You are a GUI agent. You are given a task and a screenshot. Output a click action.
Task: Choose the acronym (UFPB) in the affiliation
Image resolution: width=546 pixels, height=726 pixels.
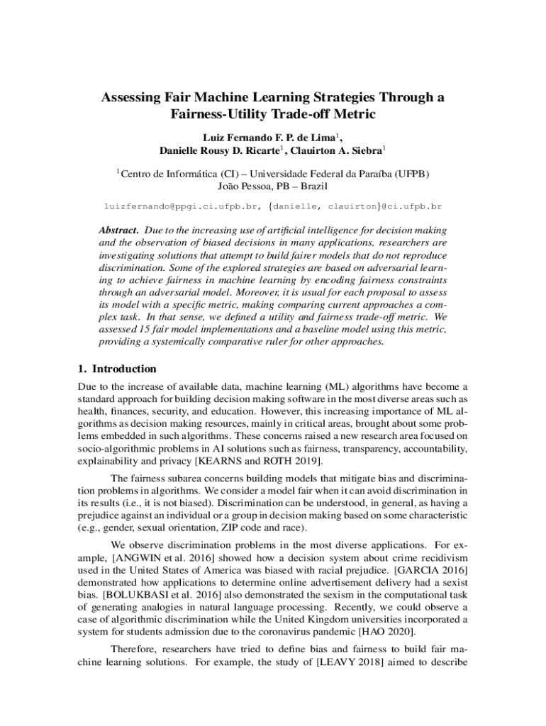(x=407, y=173)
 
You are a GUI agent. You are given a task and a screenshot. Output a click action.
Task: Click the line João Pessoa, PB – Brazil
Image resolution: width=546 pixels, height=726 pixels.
(x=272, y=186)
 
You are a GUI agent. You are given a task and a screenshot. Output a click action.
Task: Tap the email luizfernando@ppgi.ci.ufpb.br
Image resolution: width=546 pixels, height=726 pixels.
(x=182, y=207)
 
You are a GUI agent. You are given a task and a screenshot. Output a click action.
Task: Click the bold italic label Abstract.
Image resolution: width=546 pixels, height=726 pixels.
(x=118, y=230)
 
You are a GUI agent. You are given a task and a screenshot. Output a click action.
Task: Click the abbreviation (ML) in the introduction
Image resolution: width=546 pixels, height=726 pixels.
(x=337, y=386)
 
